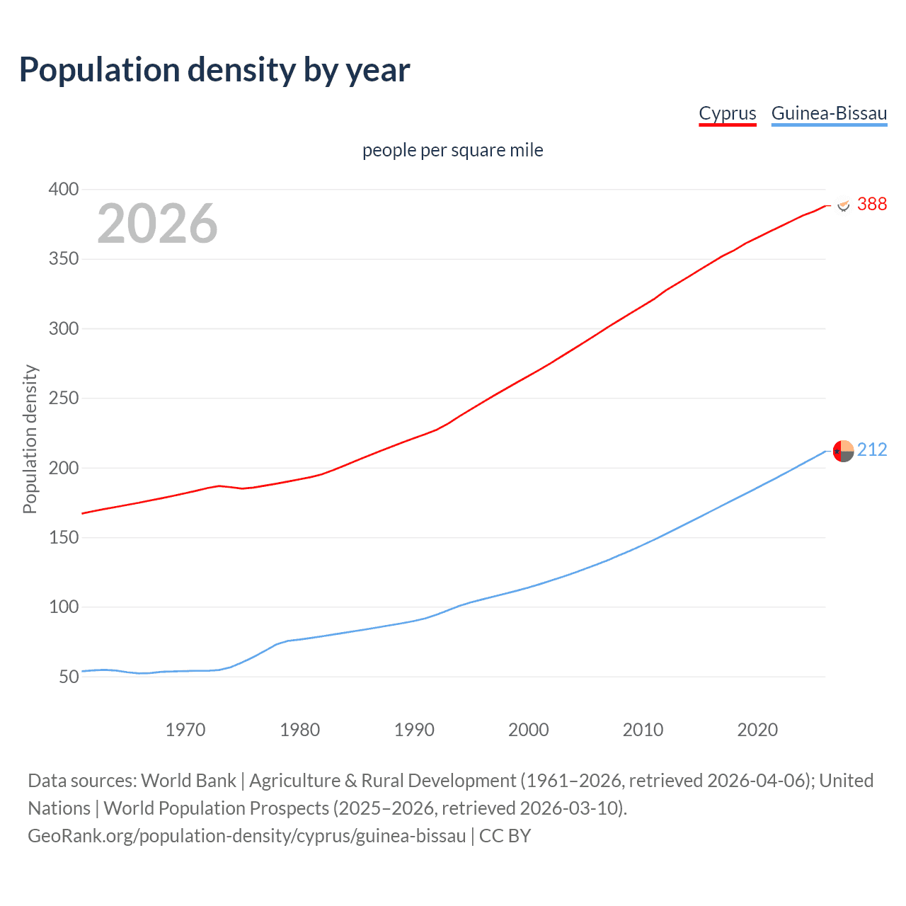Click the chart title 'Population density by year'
214,70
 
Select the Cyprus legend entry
727,113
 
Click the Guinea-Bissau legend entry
829,113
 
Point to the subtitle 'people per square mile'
452,151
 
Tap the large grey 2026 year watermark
157,224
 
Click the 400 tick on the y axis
63,190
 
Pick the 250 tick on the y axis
63,398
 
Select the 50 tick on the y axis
69,677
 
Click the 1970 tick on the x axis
185,730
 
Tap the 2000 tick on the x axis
528,730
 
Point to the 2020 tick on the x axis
757,730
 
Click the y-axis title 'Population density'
30,439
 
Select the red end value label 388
871,205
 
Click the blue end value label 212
871,450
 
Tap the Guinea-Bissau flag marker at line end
843,451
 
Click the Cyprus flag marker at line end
843,205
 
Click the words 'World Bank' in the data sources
188,781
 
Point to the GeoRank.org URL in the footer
246,836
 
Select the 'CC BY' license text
505,836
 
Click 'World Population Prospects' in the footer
216,808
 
